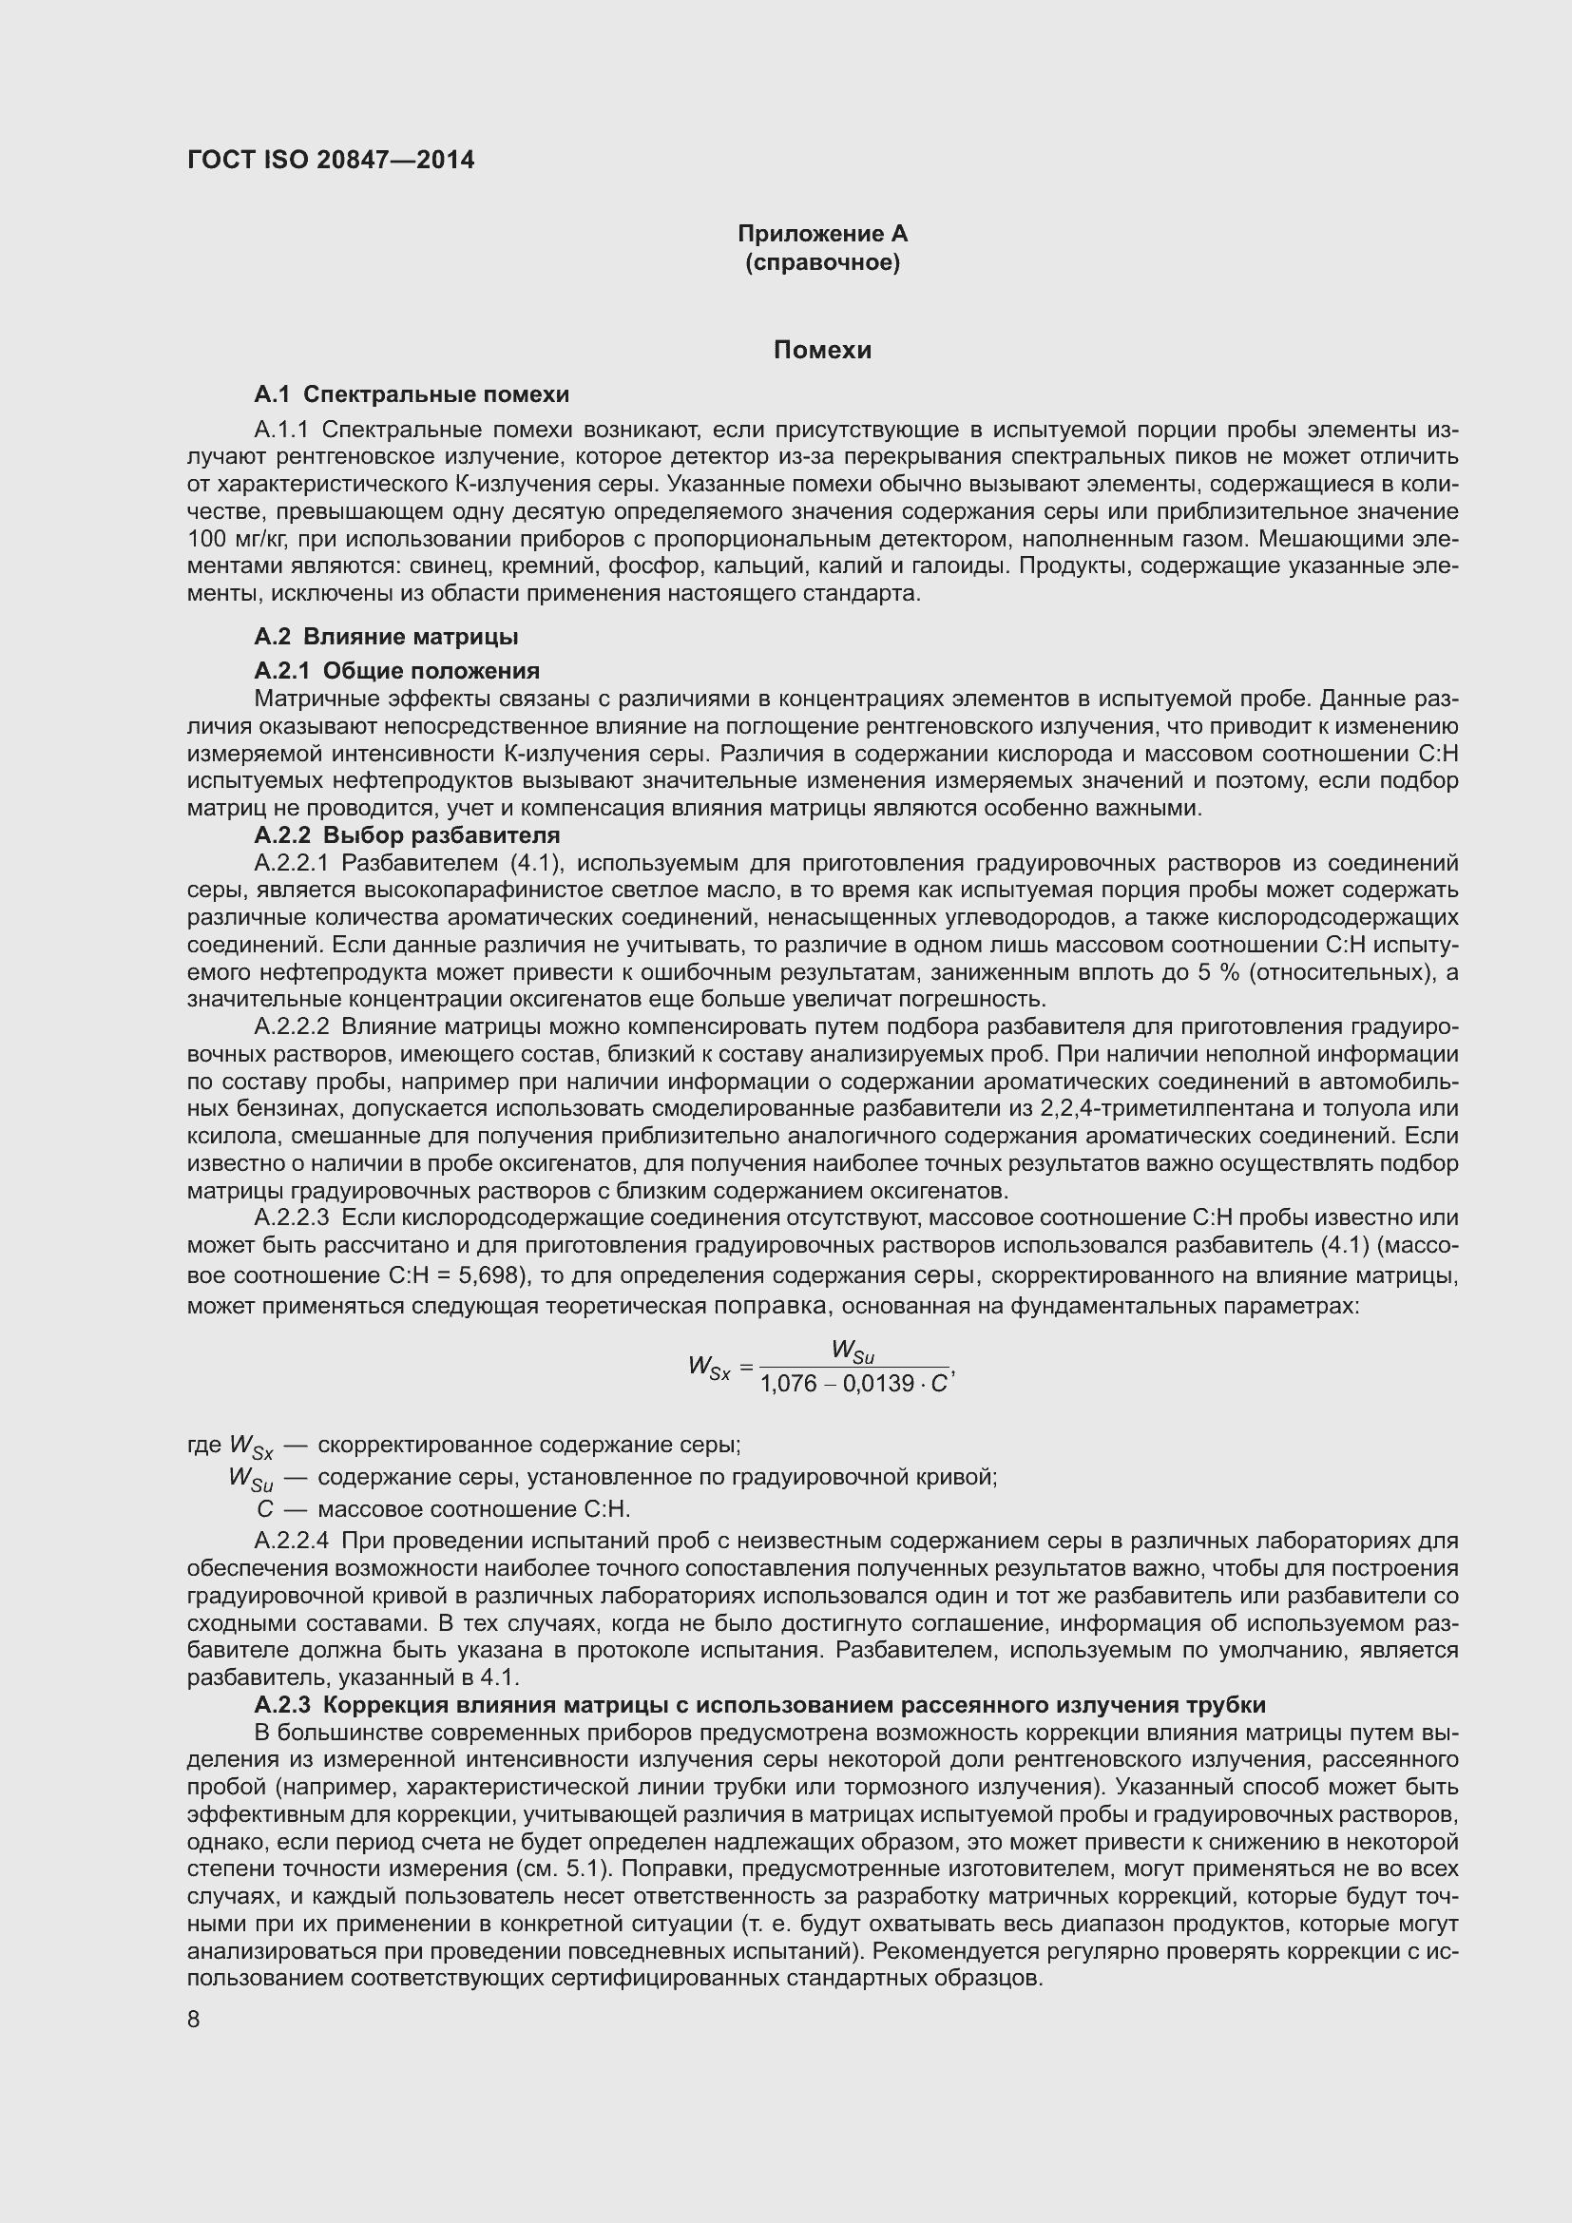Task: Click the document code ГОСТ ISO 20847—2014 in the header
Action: point(331,160)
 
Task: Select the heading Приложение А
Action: point(822,234)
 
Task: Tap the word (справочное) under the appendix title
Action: point(822,262)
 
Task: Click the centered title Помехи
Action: point(822,350)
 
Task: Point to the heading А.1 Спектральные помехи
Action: point(412,394)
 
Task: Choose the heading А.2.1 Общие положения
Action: point(397,670)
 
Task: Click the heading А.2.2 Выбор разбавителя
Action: point(407,834)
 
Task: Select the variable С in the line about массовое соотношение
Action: point(265,1508)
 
